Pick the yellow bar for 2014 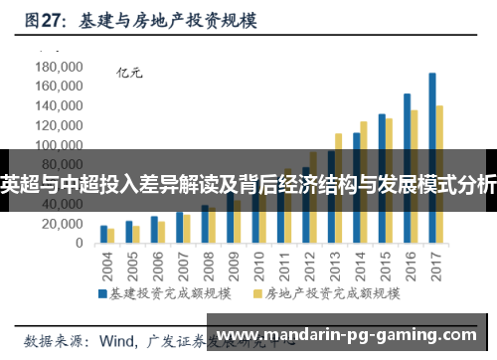point(364,183)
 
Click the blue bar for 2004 point(103,235)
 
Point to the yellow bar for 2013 point(338,189)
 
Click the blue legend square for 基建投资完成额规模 point(100,294)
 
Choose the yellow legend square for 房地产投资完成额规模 point(257,294)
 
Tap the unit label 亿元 point(130,73)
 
